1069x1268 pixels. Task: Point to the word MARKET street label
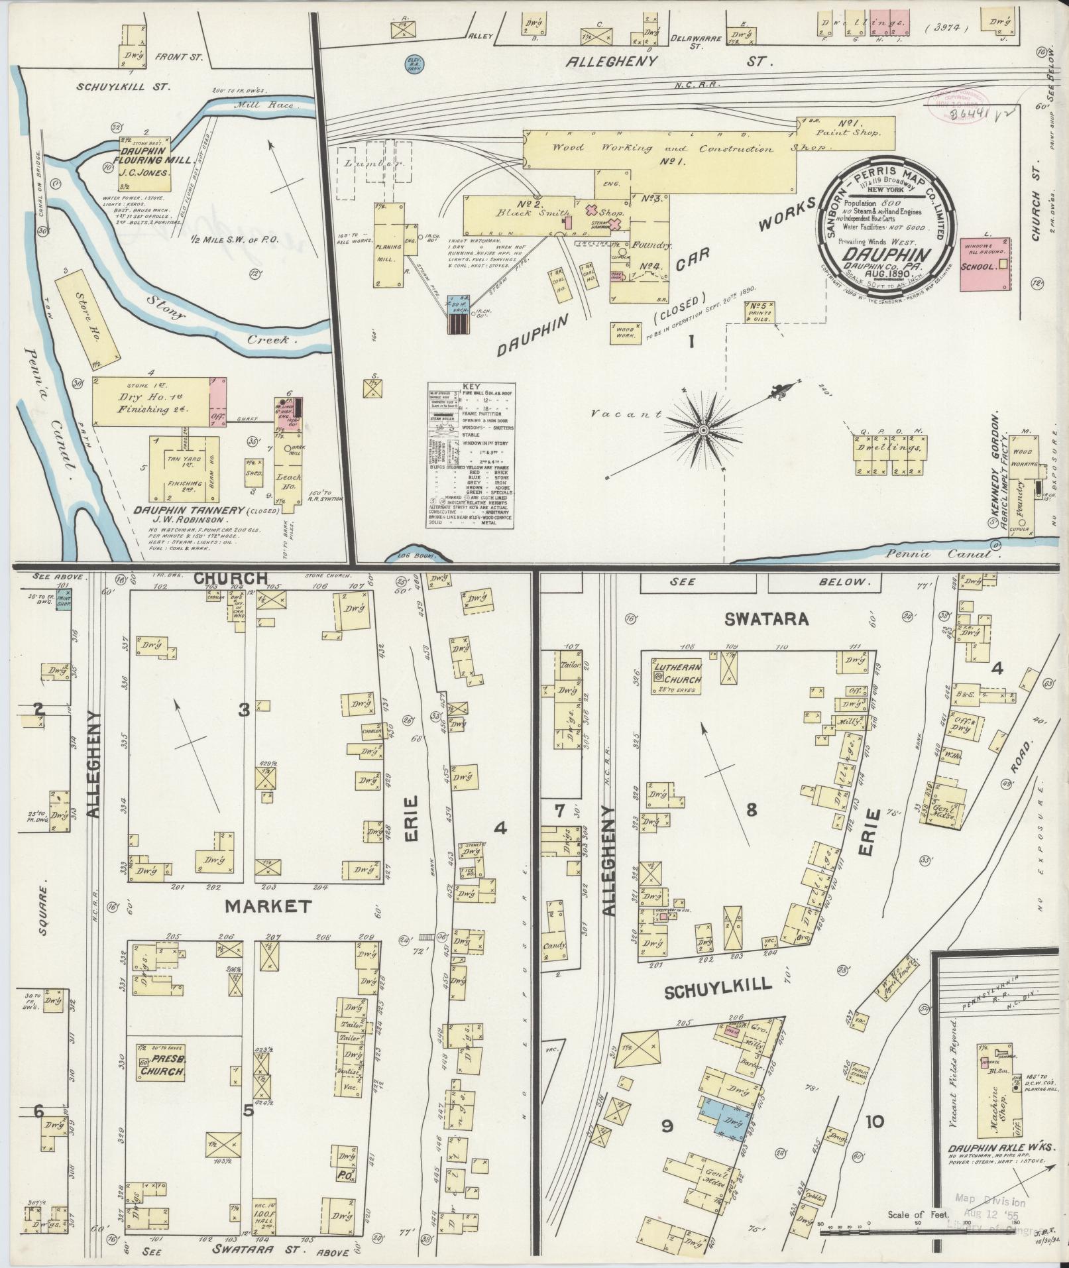coord(267,906)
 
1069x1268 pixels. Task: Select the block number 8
coord(751,809)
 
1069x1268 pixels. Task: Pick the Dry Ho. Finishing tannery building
coord(151,402)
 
